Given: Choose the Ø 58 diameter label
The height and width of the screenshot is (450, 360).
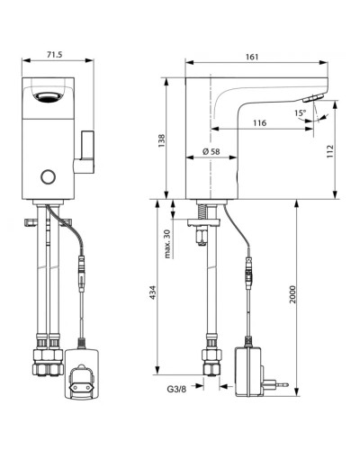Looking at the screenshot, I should point(214,153).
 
